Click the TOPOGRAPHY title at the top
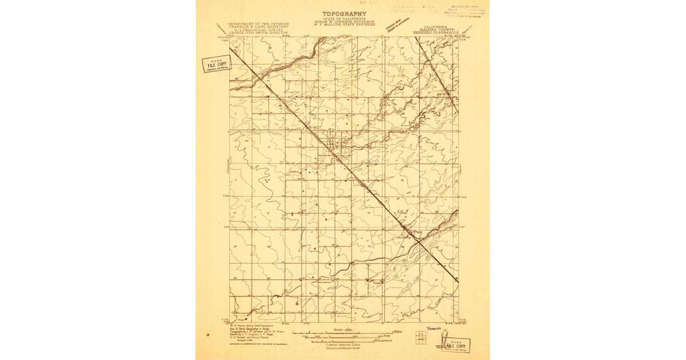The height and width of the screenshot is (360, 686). click(344, 14)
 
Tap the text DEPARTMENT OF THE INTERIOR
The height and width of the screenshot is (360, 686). click(258, 23)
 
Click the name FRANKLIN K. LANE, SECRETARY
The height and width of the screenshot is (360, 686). click(258, 27)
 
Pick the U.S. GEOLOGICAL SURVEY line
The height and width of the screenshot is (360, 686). click(258, 30)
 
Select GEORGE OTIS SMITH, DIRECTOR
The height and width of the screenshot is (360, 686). click(258, 34)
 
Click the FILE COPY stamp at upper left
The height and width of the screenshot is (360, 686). click(216, 63)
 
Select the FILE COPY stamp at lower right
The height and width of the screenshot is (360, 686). click(456, 346)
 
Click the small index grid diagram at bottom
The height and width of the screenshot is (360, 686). click(421, 339)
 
